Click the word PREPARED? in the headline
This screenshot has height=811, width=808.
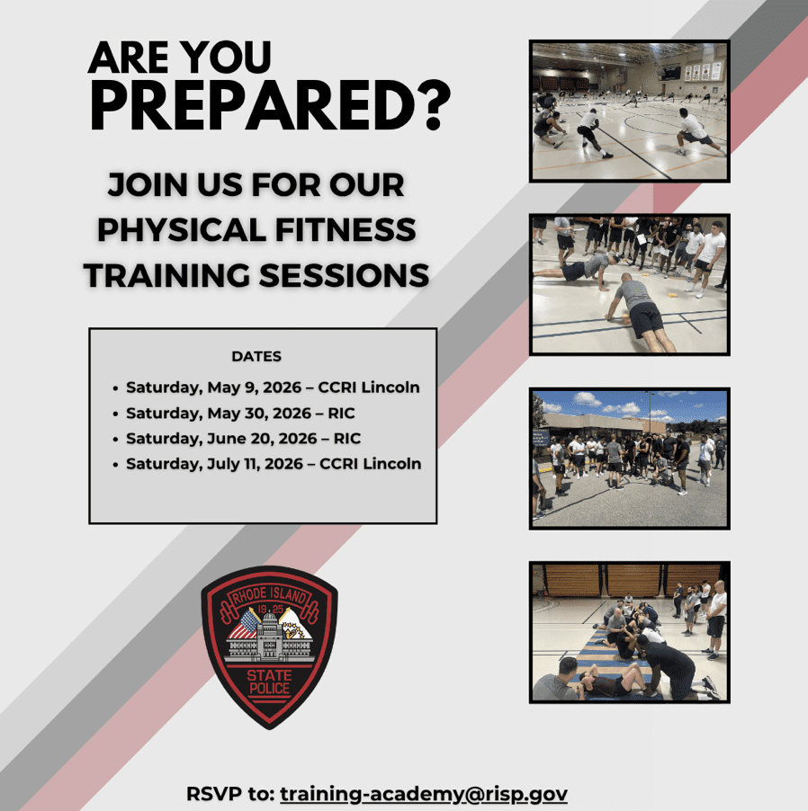pyautogui.click(x=270, y=105)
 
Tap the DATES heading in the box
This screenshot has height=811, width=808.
pyautogui.click(x=256, y=356)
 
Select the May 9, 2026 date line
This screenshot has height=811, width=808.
pyautogui.click(x=273, y=387)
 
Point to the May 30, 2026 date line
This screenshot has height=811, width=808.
pyautogui.click(x=240, y=413)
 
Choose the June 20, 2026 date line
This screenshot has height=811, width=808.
pyautogui.click(x=243, y=438)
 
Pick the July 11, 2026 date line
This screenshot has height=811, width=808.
pyautogui.click(x=274, y=463)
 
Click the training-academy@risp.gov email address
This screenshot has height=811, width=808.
pyautogui.click(x=424, y=794)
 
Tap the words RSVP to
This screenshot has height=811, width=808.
pyautogui.click(x=230, y=793)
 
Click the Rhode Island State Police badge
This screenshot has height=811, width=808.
pyautogui.click(x=269, y=647)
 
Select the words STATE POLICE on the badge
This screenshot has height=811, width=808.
pyautogui.click(x=269, y=682)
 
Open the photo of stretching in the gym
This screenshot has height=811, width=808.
pyautogui.click(x=630, y=111)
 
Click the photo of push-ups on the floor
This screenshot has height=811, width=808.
pyautogui.click(x=630, y=284)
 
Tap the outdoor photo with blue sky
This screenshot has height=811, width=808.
pyautogui.click(x=630, y=459)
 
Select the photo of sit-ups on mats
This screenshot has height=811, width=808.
pyautogui.click(x=630, y=632)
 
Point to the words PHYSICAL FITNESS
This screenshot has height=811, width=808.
pyautogui.click(x=256, y=229)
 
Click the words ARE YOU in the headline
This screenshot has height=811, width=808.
pyautogui.click(x=180, y=57)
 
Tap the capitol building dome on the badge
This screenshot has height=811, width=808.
pyautogui.click(x=270, y=619)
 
